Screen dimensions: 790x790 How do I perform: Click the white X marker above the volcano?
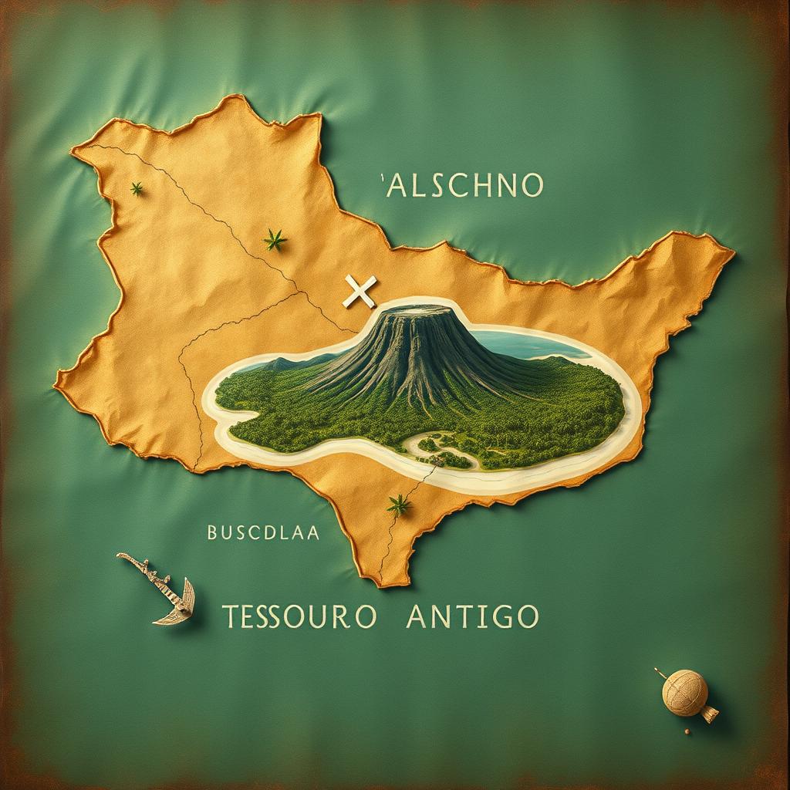359,292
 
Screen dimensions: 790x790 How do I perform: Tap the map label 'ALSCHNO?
463,186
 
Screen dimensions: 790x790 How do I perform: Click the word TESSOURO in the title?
299,616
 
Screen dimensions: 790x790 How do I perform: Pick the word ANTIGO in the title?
472,616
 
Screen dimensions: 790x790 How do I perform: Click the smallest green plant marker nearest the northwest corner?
137,188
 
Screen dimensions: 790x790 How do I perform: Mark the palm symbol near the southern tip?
399,505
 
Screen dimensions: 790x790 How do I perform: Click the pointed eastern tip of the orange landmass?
730,249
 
